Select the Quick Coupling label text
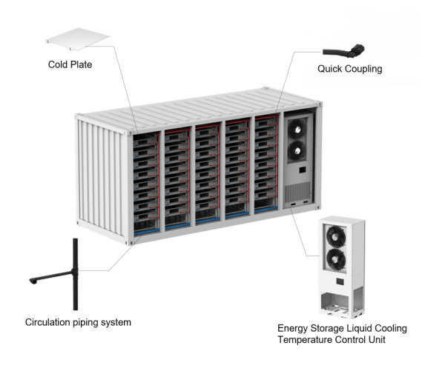349,69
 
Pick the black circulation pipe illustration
74,274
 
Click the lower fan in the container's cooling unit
296,152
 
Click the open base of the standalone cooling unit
338,301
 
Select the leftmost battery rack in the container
148,178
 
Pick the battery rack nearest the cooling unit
266,167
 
